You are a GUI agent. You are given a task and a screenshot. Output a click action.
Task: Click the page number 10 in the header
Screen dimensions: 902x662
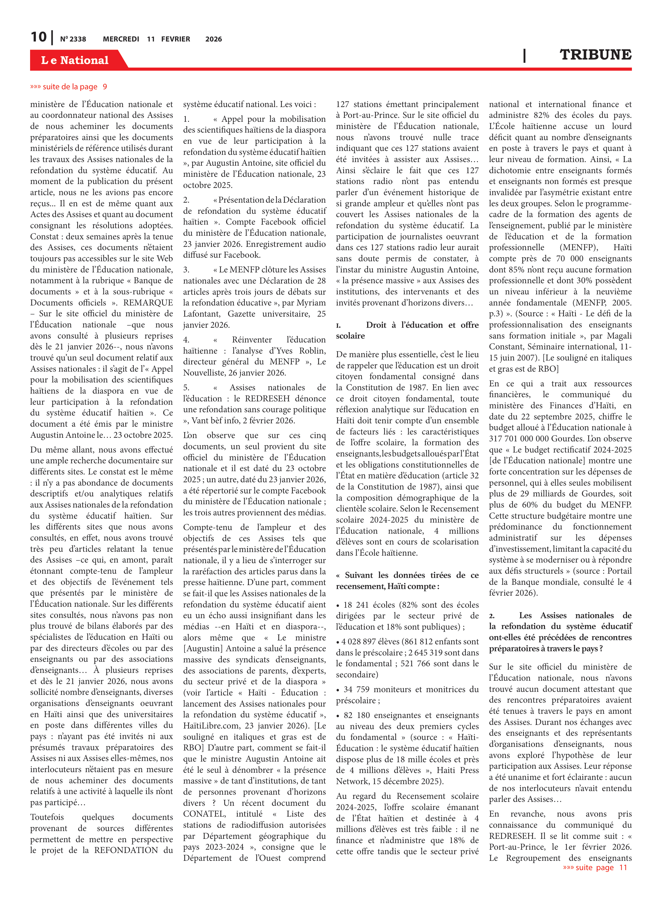(x=39, y=37)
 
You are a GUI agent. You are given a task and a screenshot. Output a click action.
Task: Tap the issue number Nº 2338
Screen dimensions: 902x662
(x=73, y=39)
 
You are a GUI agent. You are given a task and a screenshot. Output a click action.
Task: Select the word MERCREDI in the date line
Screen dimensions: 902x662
(x=121, y=39)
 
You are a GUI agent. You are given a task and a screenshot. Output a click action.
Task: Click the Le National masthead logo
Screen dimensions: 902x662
(x=75, y=60)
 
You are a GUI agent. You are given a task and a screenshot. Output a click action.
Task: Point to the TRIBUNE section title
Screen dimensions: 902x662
(x=595, y=55)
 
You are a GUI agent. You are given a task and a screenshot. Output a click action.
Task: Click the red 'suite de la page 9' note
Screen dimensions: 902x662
(x=69, y=87)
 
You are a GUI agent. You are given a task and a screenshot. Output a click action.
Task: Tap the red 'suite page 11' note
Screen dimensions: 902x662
(x=595, y=867)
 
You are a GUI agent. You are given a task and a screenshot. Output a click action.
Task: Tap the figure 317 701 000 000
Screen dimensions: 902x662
(x=527, y=438)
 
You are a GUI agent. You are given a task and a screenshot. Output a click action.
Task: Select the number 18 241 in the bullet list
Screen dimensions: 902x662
(x=357, y=605)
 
